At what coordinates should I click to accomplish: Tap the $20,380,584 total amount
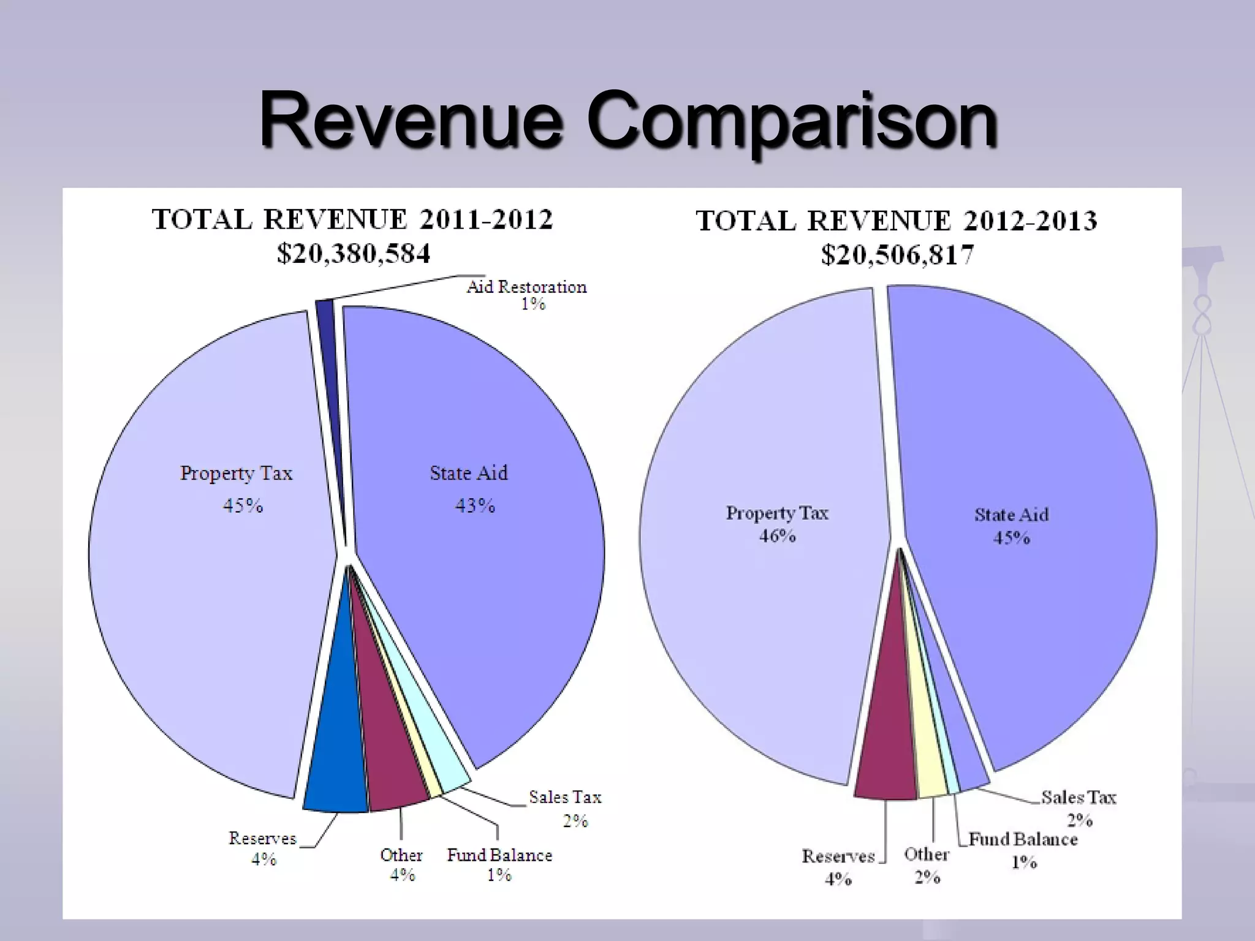coord(354,253)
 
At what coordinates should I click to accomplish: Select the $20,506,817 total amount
coord(897,254)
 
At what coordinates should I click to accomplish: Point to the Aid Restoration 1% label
coord(527,295)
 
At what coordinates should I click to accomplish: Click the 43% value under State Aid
coord(475,505)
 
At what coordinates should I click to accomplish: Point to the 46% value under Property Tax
coord(777,536)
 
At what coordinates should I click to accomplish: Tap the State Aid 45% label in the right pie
coord(1011,526)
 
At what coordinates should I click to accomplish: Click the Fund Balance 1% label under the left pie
coord(499,864)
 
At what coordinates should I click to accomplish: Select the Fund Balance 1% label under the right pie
coord(1023,849)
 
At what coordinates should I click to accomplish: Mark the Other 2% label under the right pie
coord(927,865)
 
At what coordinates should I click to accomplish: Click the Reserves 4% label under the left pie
coord(263,848)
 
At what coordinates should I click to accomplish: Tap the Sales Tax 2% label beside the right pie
coord(1079,807)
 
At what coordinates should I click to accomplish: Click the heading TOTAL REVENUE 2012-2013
coord(897,221)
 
